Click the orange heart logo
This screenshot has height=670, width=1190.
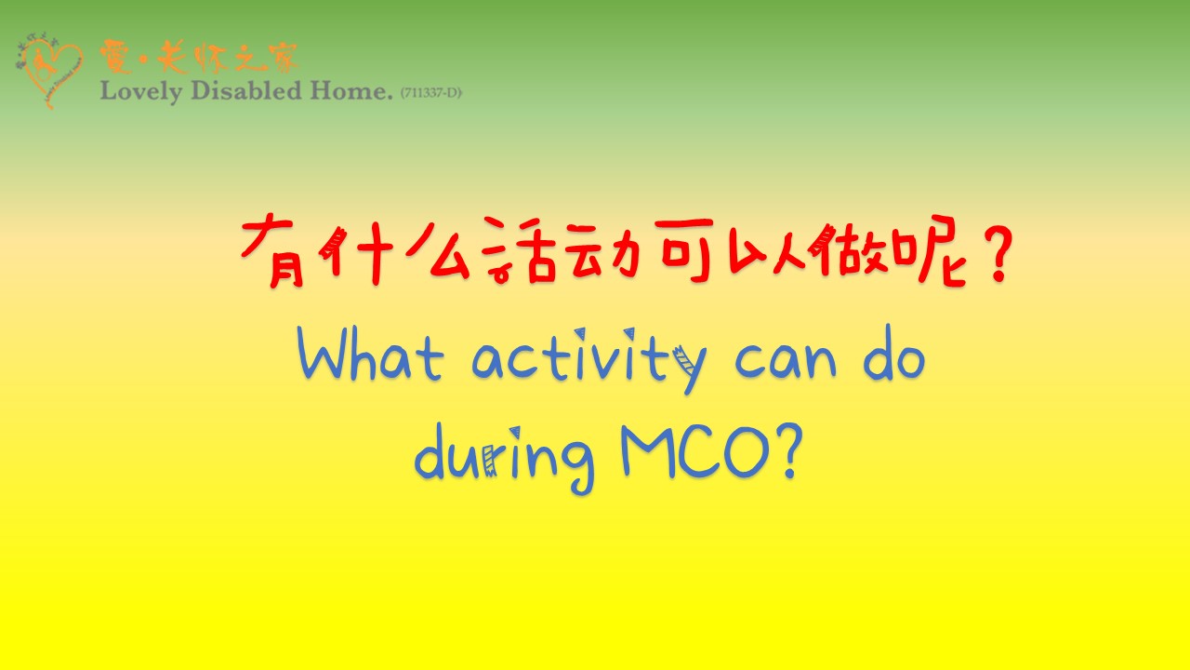pyautogui.click(x=49, y=72)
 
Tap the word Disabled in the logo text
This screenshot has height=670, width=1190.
pyautogui.click(x=246, y=90)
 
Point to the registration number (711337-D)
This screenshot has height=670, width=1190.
pyautogui.click(x=430, y=92)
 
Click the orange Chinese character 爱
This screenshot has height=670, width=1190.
pyautogui.click(x=116, y=57)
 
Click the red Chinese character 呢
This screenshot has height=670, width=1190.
pyautogui.click(x=929, y=250)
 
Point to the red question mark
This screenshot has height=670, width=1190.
pyautogui.click(x=995, y=253)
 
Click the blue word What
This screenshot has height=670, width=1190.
pyautogui.click(x=370, y=353)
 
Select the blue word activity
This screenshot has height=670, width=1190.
pyautogui.click(x=589, y=360)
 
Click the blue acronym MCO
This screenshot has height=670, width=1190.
pyautogui.click(x=695, y=451)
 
